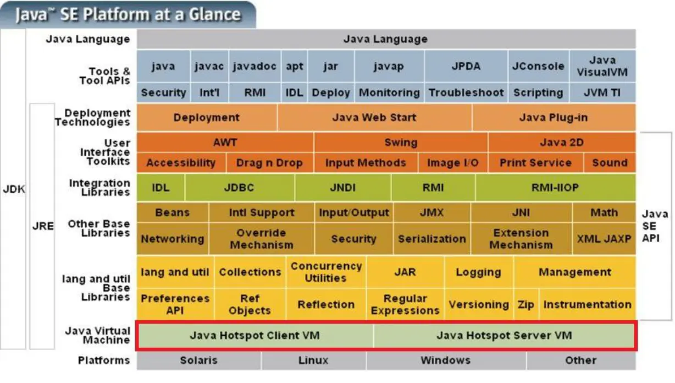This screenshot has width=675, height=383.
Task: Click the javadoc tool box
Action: point(254,66)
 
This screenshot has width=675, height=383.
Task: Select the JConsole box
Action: point(538,66)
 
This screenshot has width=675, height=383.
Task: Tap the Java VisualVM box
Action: point(602,66)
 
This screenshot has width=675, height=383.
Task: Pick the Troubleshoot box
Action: point(466,92)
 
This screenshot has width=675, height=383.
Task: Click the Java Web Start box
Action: point(374,117)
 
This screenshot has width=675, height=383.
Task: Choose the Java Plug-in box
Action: point(554,117)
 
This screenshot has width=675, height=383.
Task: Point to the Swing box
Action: point(401,143)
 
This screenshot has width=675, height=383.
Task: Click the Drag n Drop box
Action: point(269,162)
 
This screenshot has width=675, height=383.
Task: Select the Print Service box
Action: point(535,162)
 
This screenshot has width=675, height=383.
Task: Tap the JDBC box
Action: point(239,187)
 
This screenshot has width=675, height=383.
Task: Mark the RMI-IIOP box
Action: point(555,187)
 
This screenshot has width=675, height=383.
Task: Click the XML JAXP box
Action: point(604,239)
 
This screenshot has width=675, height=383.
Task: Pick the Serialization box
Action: point(431,239)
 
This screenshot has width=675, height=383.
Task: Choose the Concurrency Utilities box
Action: point(326,272)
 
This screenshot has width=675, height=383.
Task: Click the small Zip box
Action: point(526,304)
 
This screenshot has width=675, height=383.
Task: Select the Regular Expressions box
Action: point(405,304)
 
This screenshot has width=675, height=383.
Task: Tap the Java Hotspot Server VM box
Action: point(504,335)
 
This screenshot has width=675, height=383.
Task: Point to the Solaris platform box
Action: point(199,360)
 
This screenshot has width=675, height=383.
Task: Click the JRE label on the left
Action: point(42,226)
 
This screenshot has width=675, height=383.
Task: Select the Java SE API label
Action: point(655,226)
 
